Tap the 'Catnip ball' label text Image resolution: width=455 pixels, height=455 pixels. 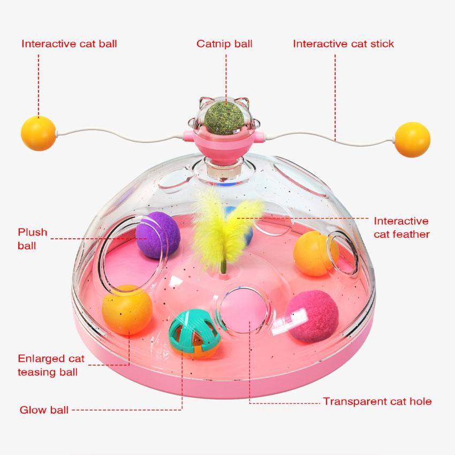coord(224,43)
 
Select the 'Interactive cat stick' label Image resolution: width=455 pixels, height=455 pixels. coord(343,43)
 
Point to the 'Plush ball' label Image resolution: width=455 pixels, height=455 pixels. coord(33,239)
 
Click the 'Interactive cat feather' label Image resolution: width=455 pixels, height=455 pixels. coord(401,227)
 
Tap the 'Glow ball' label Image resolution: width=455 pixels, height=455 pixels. coord(44,411)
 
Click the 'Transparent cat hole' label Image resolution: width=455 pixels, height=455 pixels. coord(377,401)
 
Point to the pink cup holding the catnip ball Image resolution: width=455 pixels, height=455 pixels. coord(225,143)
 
